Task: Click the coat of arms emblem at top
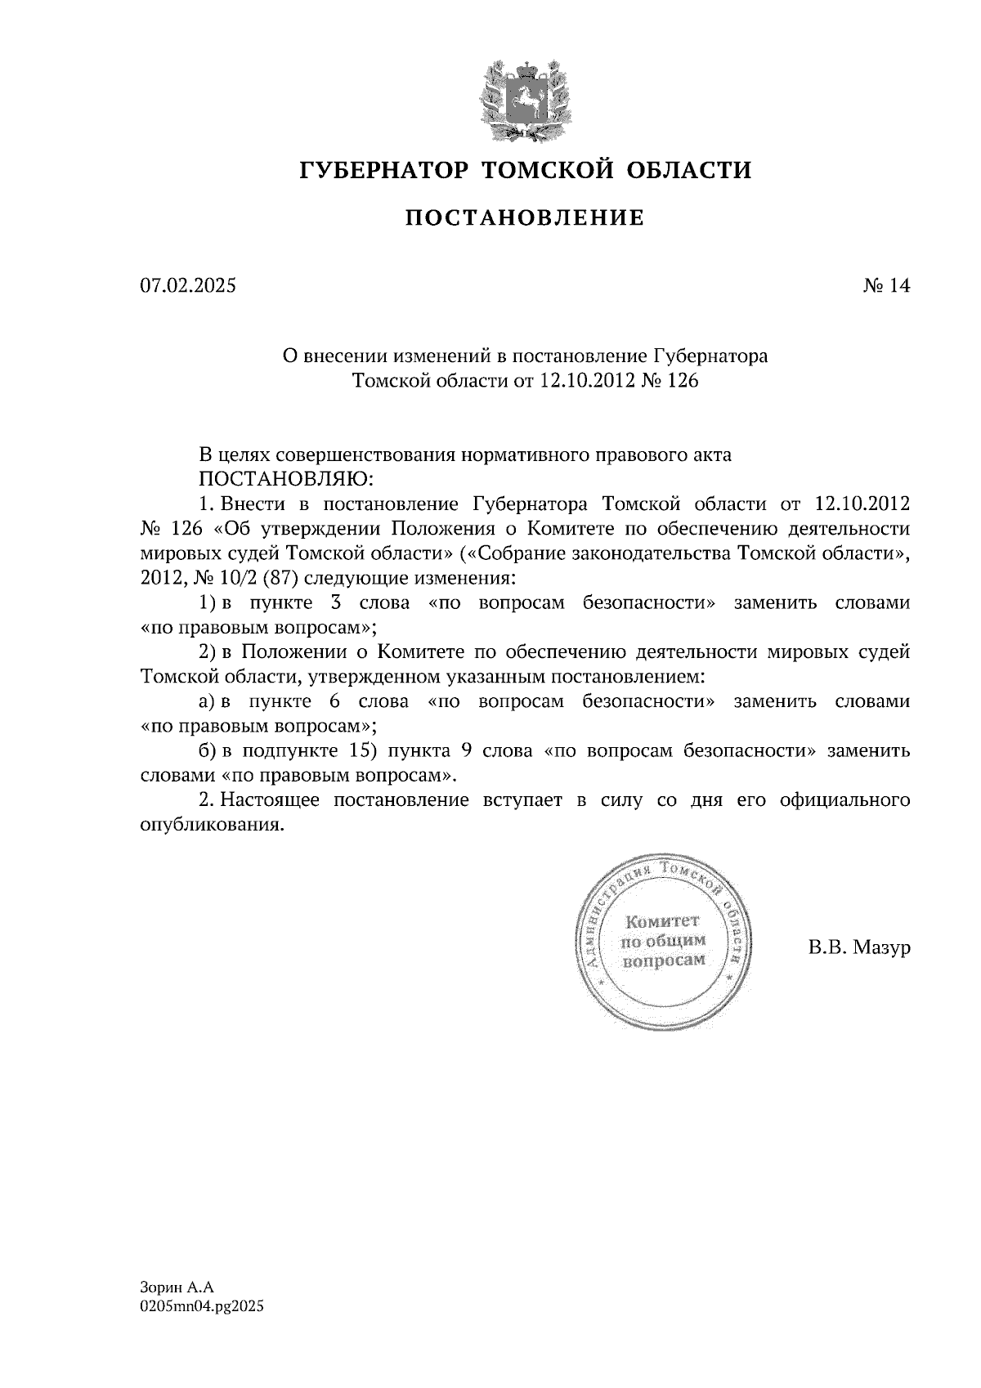coord(524,98)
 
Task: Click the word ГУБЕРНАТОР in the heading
coord(384,170)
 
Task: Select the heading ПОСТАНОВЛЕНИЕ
coord(525,217)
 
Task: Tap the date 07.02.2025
coord(188,286)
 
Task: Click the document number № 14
coord(886,286)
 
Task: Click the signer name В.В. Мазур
coord(858,948)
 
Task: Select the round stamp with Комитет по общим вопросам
coord(664,942)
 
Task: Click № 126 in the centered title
coord(671,381)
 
